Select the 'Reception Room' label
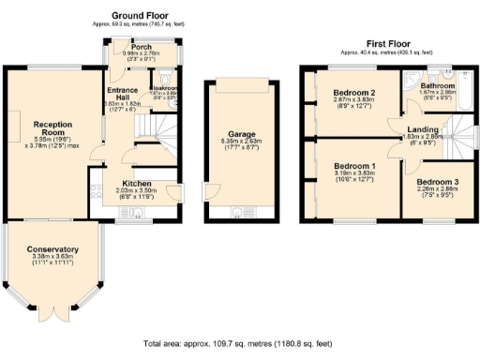click(x=52, y=128)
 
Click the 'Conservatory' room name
click(x=52, y=249)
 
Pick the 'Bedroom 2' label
click(x=353, y=94)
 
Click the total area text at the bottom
click(x=238, y=344)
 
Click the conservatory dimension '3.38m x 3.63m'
click(x=52, y=258)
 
